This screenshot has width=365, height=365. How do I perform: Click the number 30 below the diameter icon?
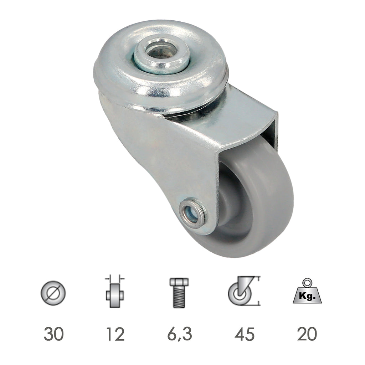pos(53,334)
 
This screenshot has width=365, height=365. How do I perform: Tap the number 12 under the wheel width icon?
pos(115,334)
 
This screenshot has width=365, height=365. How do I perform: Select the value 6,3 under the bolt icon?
pos(180,334)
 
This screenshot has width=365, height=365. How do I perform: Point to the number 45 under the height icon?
pos(245,334)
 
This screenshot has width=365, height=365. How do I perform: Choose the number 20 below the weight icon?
pos(307,334)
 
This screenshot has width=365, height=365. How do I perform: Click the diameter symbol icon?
pos(53,293)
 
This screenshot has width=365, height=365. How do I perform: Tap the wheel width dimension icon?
pos(115,291)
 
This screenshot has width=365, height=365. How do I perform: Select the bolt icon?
pos(179,293)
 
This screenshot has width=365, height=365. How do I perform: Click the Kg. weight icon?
pos(307,291)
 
